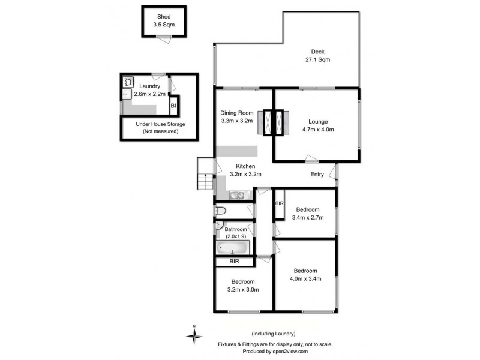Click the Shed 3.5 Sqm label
(x=164, y=20)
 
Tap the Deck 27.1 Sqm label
(x=317, y=55)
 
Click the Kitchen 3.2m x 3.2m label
(x=245, y=170)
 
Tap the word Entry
(x=317, y=175)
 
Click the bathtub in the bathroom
(x=232, y=248)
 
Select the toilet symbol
(x=221, y=211)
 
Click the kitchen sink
(x=236, y=194)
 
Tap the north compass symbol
(x=194, y=337)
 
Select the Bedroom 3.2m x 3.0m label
(x=243, y=285)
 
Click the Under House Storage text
(x=160, y=127)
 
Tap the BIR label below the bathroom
(x=234, y=262)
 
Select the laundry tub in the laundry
(x=128, y=82)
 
